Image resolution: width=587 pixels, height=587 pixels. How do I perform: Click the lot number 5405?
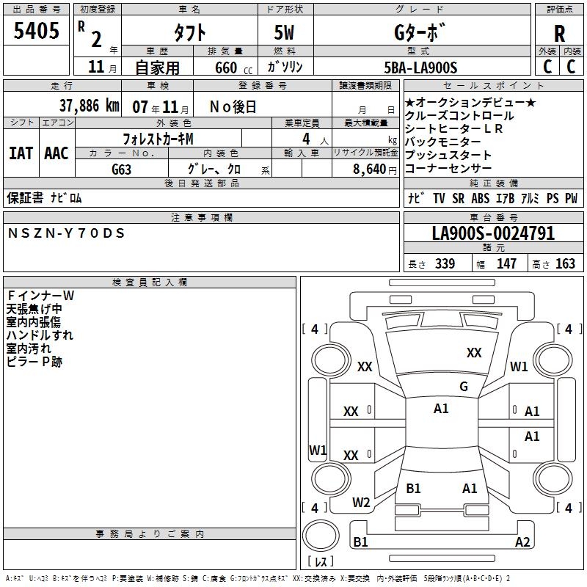point(36,32)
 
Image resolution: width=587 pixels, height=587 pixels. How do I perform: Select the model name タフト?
point(189,33)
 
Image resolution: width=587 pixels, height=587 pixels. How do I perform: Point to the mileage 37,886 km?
point(89,106)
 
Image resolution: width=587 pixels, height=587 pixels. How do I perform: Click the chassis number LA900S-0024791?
point(493,234)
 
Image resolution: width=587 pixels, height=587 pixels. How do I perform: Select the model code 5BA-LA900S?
point(420,68)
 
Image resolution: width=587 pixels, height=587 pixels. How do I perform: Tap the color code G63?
point(121,169)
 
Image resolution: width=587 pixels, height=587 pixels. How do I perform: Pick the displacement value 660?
point(225,68)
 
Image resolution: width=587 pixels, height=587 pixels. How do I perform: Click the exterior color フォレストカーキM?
point(158,138)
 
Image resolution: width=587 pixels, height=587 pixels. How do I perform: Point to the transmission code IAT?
point(21,153)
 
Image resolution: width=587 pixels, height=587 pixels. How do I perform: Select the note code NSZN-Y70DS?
point(67,233)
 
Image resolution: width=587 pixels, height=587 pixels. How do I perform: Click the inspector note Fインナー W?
point(41,295)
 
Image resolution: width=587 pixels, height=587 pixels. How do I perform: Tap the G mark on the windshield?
point(464,387)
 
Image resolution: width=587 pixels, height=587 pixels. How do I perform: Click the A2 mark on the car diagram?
point(522,542)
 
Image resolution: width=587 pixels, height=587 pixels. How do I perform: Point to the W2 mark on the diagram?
point(361,503)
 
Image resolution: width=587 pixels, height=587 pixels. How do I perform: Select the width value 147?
point(506,264)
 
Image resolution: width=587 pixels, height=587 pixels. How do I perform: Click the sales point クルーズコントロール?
point(459,116)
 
